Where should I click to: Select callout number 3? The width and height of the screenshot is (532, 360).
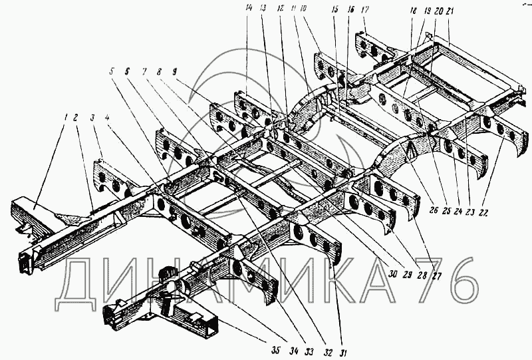coord(93,118)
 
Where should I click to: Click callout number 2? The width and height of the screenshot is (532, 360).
coord(77,118)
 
